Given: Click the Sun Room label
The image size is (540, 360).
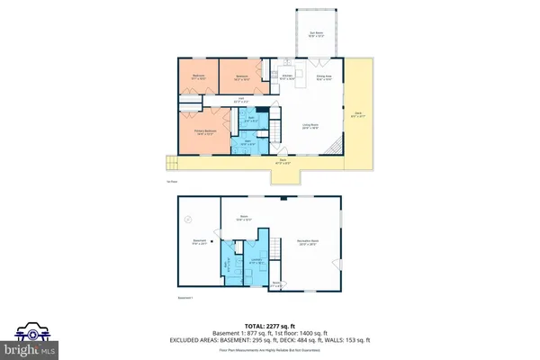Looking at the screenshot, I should [317, 33].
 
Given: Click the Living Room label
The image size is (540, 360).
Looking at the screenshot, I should [310, 127].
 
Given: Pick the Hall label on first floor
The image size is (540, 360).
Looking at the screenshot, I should [241, 100].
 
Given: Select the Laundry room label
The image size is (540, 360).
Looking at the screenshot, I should [255, 262].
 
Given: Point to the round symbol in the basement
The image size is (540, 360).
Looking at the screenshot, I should [187, 219].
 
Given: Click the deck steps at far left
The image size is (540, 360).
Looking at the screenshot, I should [170, 163].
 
